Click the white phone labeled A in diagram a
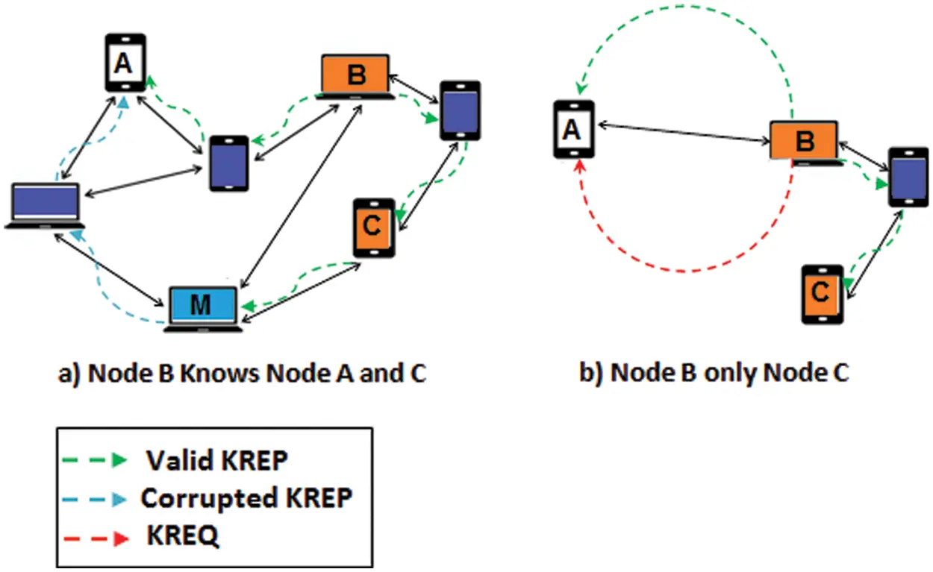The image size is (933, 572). pyautogui.click(x=124, y=66)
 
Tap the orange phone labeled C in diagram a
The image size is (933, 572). pyautogui.click(x=374, y=227)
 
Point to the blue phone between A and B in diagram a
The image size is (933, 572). pyautogui.click(x=228, y=163)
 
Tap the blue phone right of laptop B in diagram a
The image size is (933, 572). pyautogui.click(x=460, y=110)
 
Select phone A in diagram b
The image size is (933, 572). pyautogui.click(x=573, y=130)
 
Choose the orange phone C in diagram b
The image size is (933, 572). pyautogui.click(x=823, y=294)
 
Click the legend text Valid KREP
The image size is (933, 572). pyautogui.click(x=216, y=460)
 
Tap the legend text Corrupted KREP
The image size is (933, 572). pyautogui.click(x=246, y=497)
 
